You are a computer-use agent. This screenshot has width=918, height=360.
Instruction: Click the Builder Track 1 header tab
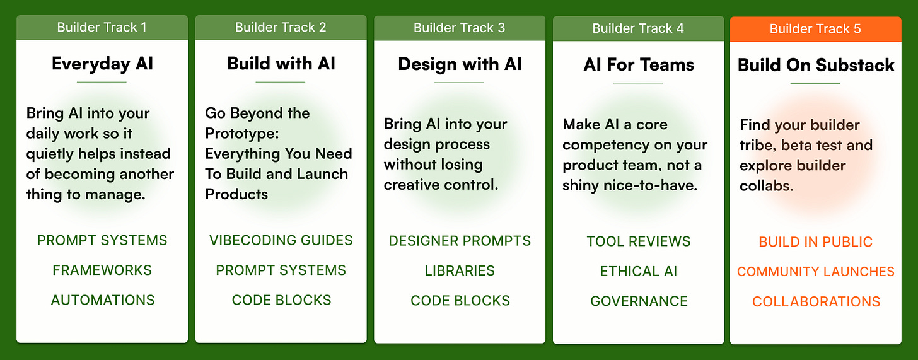tap(102, 28)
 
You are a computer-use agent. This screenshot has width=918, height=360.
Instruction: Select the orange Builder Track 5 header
tap(815, 29)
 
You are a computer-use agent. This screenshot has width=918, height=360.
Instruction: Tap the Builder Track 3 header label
tap(459, 28)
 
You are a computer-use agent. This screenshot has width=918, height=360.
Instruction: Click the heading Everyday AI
tap(102, 64)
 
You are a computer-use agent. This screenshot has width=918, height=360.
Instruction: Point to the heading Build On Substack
tap(816, 65)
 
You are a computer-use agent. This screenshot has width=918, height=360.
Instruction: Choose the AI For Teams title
tap(639, 65)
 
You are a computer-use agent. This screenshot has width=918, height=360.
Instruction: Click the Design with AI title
tap(460, 64)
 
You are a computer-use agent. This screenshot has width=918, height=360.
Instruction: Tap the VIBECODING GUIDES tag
tap(281, 240)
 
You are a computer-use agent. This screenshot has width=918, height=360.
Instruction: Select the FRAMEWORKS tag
tap(102, 270)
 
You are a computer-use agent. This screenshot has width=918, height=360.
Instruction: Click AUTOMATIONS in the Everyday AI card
tap(103, 300)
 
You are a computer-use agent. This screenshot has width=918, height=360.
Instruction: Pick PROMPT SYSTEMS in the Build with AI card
tap(281, 270)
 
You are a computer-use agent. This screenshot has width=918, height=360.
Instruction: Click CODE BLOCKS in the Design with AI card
tap(460, 301)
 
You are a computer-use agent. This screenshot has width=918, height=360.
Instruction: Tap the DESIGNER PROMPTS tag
tap(460, 241)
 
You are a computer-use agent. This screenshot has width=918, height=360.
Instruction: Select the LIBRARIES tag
tap(460, 270)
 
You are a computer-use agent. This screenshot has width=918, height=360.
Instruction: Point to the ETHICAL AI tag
tap(639, 271)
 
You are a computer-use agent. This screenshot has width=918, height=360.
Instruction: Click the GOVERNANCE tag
tap(639, 301)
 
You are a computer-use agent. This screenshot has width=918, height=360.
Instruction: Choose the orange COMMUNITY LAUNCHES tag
tap(816, 272)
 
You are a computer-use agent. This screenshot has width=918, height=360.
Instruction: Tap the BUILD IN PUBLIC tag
tap(816, 242)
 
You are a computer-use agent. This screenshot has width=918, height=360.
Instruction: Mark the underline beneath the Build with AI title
tap(281, 82)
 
